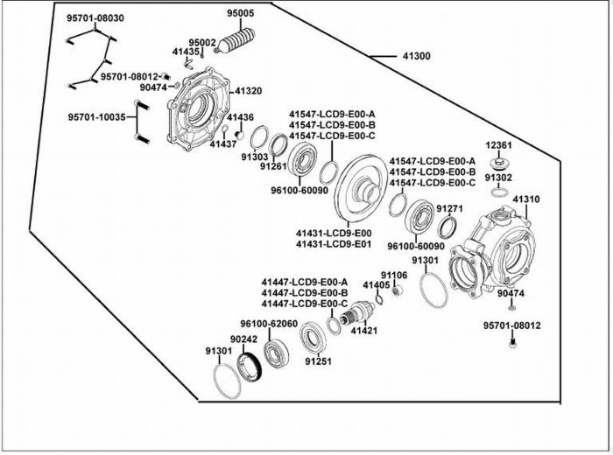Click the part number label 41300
pyautogui.click(x=416, y=56)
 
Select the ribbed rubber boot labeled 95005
pyautogui.click(x=236, y=41)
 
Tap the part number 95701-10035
pyautogui.click(x=97, y=116)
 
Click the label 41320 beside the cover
pyautogui.click(x=248, y=91)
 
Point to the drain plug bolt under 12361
pyautogui.click(x=499, y=163)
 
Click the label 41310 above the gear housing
pyautogui.click(x=525, y=199)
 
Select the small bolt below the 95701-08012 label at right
pyautogui.click(x=512, y=344)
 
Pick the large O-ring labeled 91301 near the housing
pyautogui.click(x=434, y=290)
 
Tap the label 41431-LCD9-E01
pyautogui.click(x=334, y=244)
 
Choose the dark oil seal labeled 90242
pyautogui.click(x=250, y=367)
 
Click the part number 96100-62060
pyautogui.click(x=269, y=324)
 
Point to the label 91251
pyautogui.click(x=318, y=361)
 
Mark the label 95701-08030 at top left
pyautogui.click(x=95, y=18)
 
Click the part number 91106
pyautogui.click(x=394, y=276)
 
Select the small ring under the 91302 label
pyautogui.click(x=499, y=192)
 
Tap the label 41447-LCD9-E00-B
pyautogui.click(x=305, y=293)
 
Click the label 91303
pyautogui.click(x=255, y=157)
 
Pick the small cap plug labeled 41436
pyautogui.click(x=240, y=135)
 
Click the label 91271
pyautogui.click(x=449, y=209)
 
